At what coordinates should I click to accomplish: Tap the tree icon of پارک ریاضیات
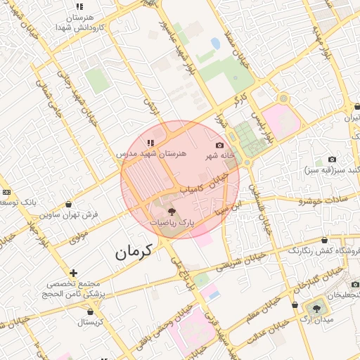pyautogui.click(x=172, y=210)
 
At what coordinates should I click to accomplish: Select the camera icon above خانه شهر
pyautogui.click(x=220, y=145)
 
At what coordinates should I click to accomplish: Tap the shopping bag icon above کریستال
pyautogui.click(x=89, y=310)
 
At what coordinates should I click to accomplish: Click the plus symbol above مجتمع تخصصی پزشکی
pyautogui.click(x=73, y=273)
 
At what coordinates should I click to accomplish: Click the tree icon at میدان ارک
pyautogui.click(x=315, y=307)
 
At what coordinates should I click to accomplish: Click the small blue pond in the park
pyautogui.click(x=215, y=44)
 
